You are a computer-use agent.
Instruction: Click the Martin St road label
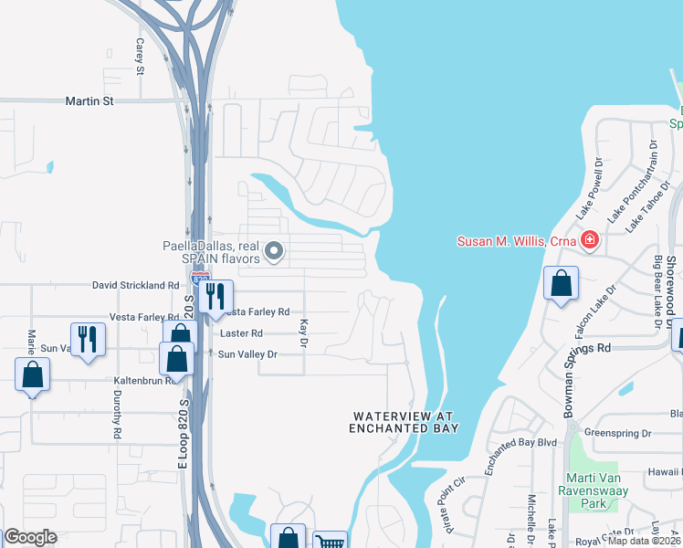point(89,101)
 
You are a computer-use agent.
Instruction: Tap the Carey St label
point(141,56)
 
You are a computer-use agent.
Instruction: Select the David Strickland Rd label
point(136,286)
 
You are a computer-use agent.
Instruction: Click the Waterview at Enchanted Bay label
point(404,422)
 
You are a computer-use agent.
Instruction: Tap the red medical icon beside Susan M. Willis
point(590,241)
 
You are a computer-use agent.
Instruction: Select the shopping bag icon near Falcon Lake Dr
point(560,284)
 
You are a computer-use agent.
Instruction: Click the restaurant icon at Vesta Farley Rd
point(215,296)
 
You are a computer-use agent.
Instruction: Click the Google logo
point(30,537)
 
